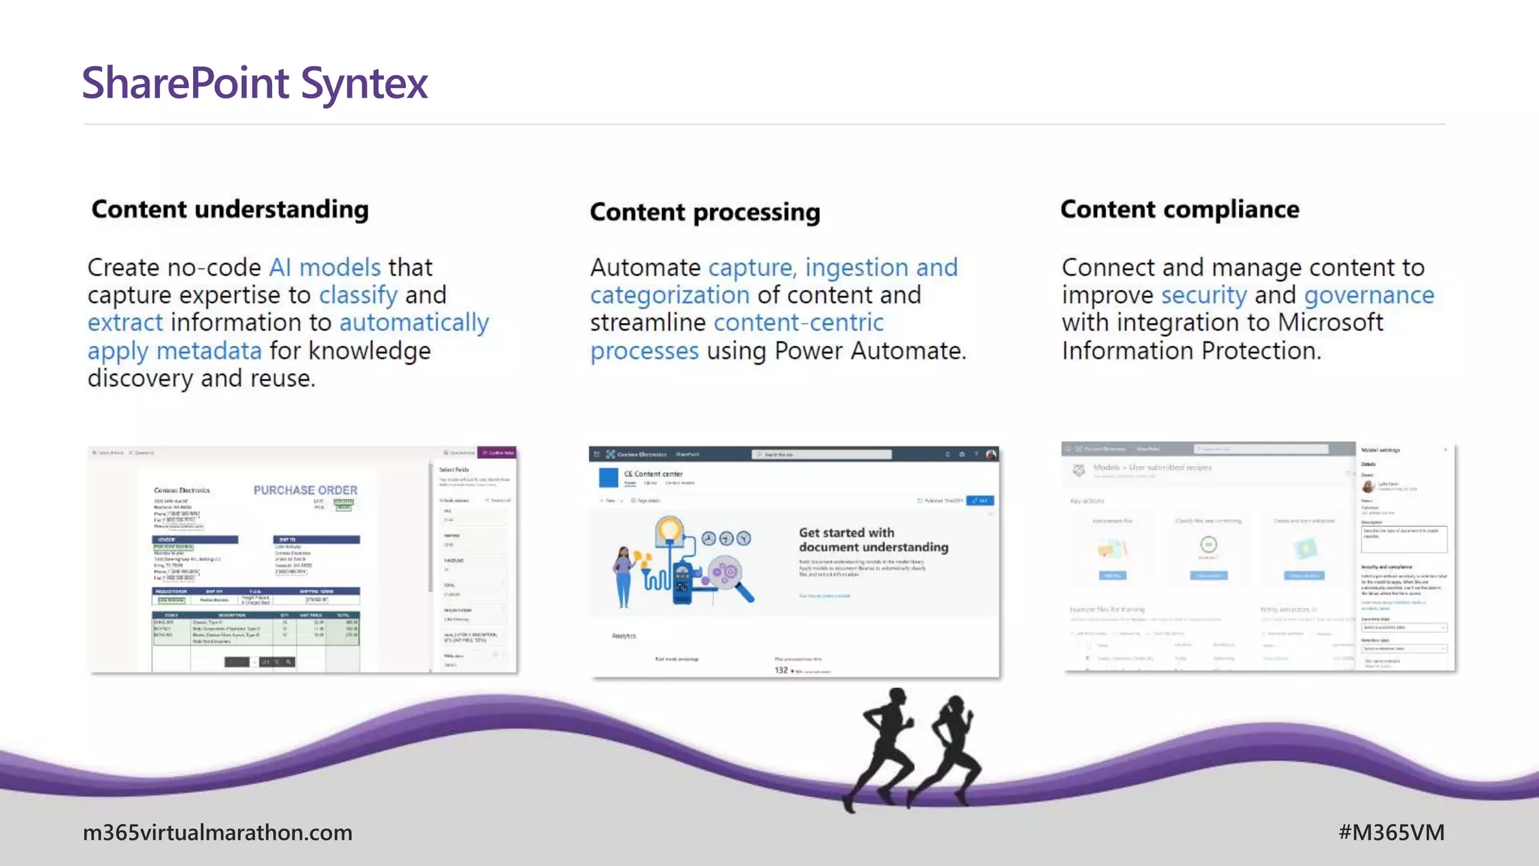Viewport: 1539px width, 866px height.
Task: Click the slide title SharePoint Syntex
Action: [x=255, y=83]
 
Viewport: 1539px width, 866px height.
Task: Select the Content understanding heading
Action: [x=230, y=209]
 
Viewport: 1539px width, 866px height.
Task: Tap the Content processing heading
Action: [x=705, y=212]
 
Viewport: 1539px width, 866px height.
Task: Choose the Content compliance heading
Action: [x=1180, y=209]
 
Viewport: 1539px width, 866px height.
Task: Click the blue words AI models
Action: [x=325, y=268]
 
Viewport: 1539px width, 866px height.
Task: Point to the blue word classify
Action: [x=358, y=295]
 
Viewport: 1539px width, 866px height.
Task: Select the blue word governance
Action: [x=1368, y=295]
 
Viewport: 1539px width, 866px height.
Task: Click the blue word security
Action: [x=1203, y=295]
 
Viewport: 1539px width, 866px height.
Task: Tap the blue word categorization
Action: [x=670, y=295]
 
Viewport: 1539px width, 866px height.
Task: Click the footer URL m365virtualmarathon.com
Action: [x=217, y=832]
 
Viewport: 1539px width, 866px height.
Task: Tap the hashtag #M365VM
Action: [x=1391, y=832]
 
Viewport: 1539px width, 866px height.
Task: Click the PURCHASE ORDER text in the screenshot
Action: [x=305, y=490]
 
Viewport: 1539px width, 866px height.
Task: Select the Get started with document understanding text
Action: [x=872, y=540]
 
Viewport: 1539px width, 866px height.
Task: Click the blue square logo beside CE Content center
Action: [x=608, y=477]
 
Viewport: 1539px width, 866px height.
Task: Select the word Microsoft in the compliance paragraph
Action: [x=1330, y=323]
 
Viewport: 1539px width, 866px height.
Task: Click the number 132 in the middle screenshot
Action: [x=781, y=670]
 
